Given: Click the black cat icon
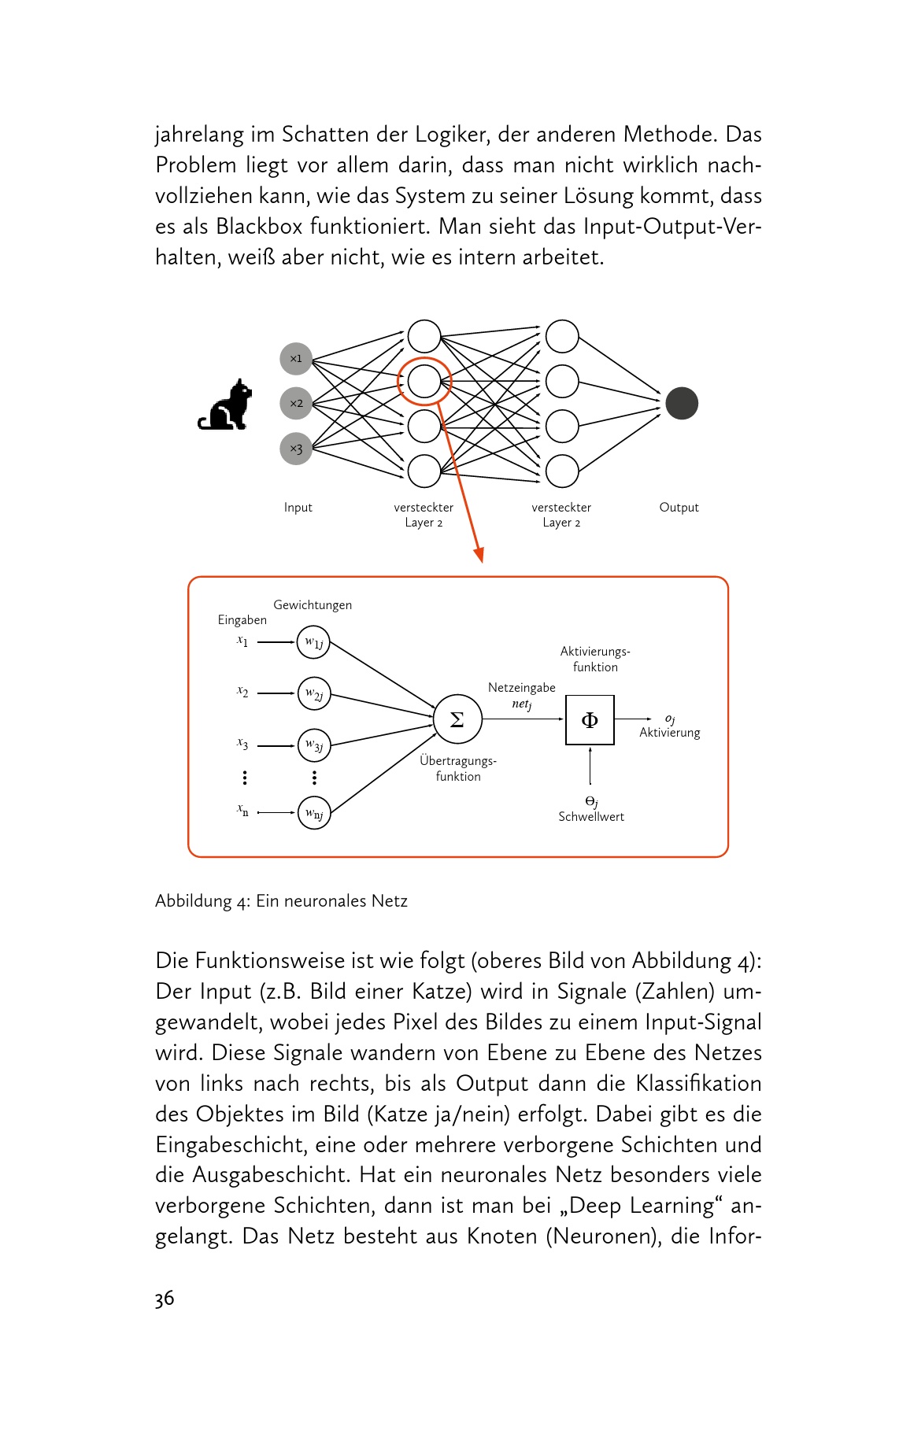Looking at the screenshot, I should pos(226,405).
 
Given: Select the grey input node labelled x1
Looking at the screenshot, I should pos(296,359).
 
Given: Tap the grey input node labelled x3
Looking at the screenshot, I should pos(296,449).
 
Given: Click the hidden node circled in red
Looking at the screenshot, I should pos(424,382).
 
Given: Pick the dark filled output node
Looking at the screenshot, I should pos(681,404).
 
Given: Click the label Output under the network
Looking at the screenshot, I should pos(679,508).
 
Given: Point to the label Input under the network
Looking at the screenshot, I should pos(298,508).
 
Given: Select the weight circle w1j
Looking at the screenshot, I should pos(314,643).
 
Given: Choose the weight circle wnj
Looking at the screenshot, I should pos(314,813).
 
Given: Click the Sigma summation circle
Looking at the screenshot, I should pos(457,719).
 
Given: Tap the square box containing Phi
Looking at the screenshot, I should pos(590,719).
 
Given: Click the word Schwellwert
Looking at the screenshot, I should pos(591,817).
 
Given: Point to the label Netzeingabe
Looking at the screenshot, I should pos(521,688).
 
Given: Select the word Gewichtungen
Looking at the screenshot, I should pos(313,605).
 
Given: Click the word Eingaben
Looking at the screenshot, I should pos(242,620).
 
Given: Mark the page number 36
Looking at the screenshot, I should pos(165,1299).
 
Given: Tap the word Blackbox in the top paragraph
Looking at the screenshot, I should pos(259,227).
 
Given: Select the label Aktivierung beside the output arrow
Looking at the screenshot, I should pos(669,733).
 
